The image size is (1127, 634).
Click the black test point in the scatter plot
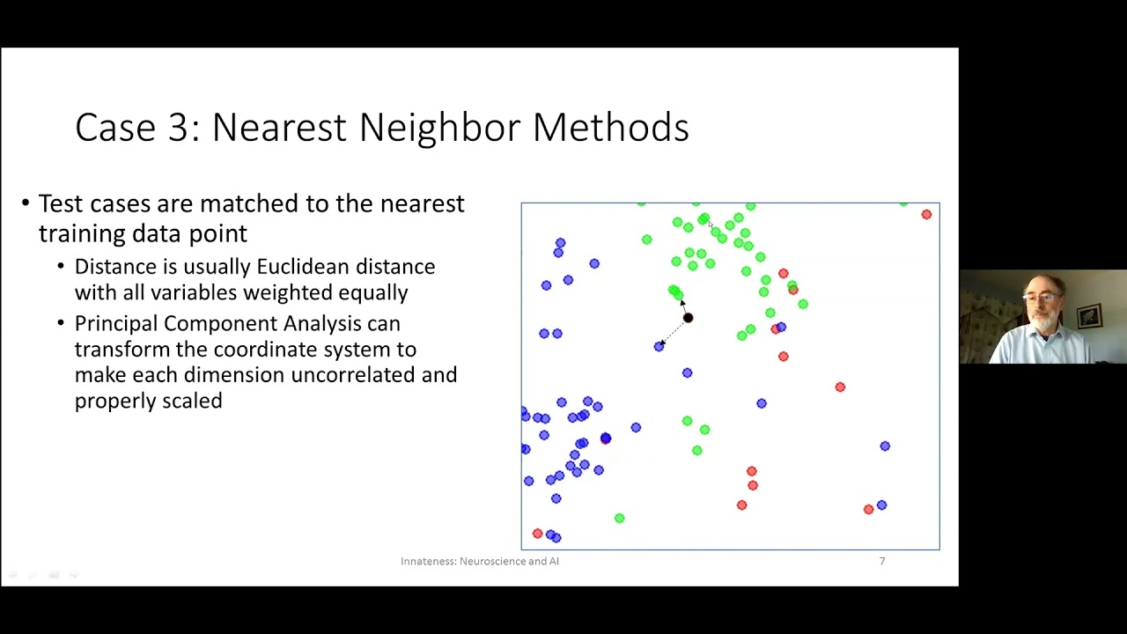688,318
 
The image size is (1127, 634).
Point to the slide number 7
881,561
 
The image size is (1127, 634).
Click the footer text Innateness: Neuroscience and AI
479,561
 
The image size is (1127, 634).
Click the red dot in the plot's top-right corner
926,214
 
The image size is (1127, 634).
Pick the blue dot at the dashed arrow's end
659,347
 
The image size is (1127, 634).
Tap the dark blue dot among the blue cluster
605,439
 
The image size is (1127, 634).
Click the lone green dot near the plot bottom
619,519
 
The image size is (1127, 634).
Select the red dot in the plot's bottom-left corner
537,534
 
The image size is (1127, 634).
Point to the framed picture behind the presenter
1089,315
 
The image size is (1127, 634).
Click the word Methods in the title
610,128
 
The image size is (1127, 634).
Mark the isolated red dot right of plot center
840,387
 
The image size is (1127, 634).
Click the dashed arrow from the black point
674,332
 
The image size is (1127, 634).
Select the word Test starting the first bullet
61,204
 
